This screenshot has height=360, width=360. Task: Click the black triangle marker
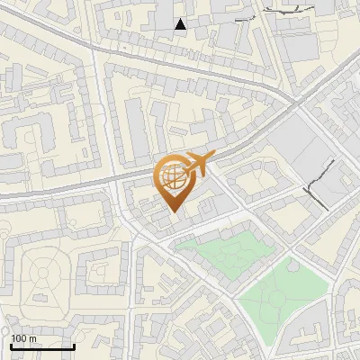(x=181, y=24)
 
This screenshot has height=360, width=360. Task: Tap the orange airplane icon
(x=197, y=163)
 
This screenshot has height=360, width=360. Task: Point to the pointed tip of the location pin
(x=174, y=212)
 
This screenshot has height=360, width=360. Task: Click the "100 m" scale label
(x=23, y=338)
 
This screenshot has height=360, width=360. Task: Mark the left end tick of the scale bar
(x=12, y=346)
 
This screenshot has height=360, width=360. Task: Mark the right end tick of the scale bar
(x=74, y=346)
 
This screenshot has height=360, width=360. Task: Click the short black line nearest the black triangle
(x=242, y=19)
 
